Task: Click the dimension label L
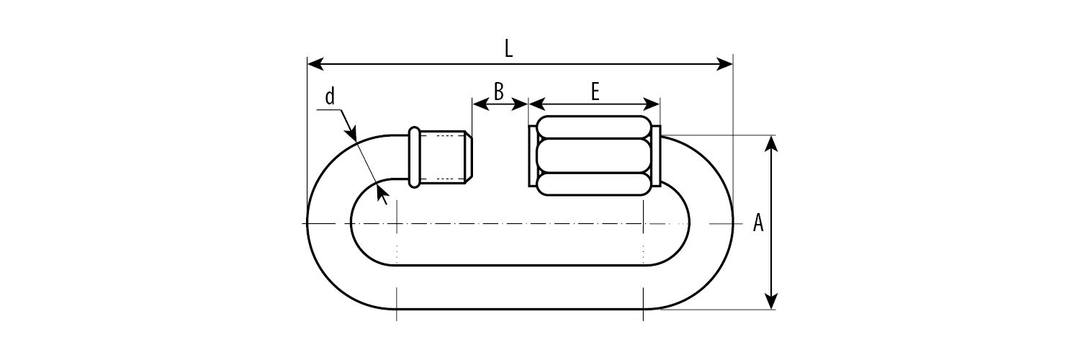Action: [508, 49]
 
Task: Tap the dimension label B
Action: [499, 91]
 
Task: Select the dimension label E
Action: [595, 91]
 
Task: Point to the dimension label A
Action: [758, 222]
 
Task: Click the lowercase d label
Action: [330, 96]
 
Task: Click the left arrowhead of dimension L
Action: [316, 63]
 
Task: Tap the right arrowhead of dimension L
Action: [724, 63]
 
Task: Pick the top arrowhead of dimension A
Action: [772, 143]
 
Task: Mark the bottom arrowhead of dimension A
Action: [772, 300]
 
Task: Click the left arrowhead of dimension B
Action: [481, 104]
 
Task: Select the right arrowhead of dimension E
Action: [652, 104]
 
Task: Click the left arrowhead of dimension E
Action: [537, 104]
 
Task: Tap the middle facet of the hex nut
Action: [593, 156]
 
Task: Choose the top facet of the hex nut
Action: [593, 127]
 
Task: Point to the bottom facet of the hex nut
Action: [593, 184]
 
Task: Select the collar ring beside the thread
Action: [414, 157]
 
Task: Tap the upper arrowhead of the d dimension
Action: [352, 132]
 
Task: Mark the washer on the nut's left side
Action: [532, 156]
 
